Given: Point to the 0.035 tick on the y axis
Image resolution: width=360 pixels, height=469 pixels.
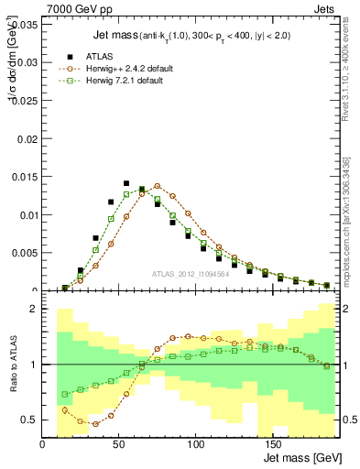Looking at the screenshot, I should click(26, 25).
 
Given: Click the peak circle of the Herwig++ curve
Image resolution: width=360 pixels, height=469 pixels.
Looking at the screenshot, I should click(157, 186).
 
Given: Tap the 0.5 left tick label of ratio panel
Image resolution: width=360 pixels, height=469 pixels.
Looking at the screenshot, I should click(31, 420).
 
